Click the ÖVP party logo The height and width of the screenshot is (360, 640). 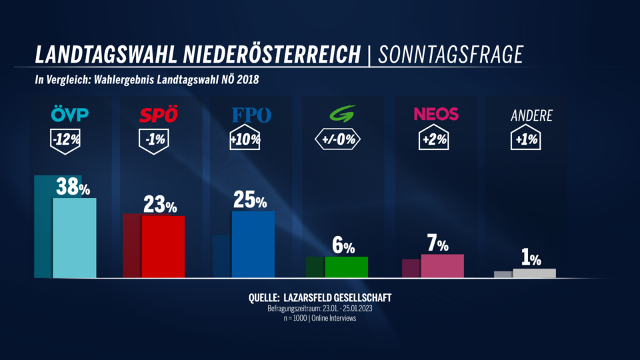pos(69,115)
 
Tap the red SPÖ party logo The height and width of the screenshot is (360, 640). pos(159,115)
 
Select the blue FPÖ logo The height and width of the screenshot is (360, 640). pos(251,115)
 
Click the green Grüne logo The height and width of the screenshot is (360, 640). pos(343,115)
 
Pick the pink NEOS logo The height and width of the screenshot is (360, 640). pos(436,115)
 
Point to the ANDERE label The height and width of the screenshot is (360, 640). pos(531,115)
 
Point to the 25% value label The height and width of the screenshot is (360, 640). pos(251,200)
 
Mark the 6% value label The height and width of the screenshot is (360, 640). pos(343,246)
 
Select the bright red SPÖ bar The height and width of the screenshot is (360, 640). pos(163,246)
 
